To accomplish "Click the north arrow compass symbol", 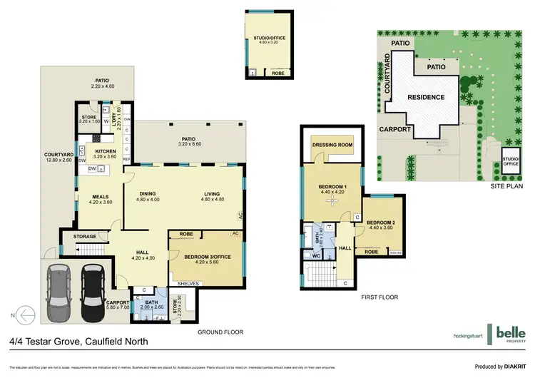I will [26, 313].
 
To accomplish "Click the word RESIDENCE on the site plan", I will [426, 97].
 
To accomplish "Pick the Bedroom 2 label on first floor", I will [381, 222].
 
